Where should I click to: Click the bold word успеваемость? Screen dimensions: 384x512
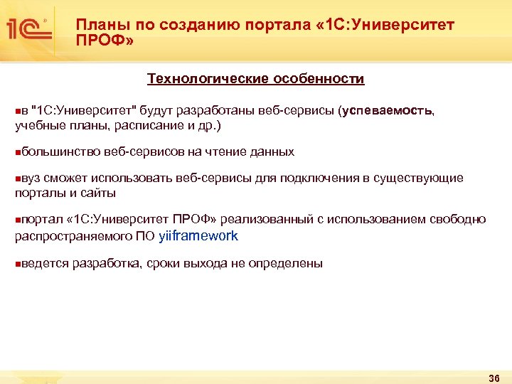pyautogui.click(x=388, y=111)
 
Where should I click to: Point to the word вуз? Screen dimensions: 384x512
pyautogui.click(x=31, y=178)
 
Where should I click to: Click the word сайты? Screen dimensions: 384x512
pyautogui.click(x=99, y=193)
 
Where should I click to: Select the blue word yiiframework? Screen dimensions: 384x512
pyautogui.click(x=198, y=236)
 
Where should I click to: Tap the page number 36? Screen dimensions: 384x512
pyautogui.click(x=495, y=377)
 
